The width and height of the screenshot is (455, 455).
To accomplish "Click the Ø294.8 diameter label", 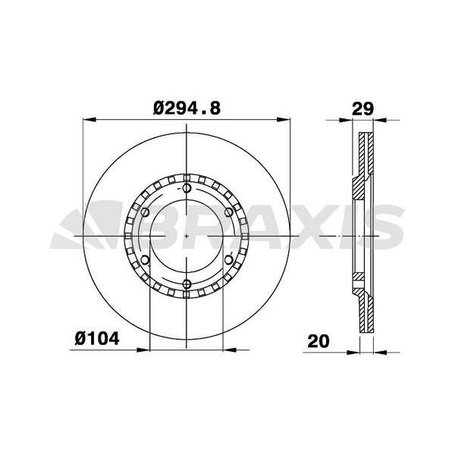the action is (187, 108).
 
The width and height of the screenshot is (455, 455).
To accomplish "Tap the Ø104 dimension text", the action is (97, 339).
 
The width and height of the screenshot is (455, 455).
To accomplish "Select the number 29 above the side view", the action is (362, 108).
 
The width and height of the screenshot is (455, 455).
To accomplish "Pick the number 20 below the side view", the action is (318, 341).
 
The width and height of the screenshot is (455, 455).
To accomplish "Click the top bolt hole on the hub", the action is (187, 188).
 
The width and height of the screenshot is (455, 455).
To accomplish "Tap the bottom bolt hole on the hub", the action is (187, 284).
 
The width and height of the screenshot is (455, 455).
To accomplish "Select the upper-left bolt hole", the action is (145, 212).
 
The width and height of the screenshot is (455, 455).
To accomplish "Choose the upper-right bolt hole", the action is (229, 212).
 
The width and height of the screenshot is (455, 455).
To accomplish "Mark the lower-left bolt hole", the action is (145, 260).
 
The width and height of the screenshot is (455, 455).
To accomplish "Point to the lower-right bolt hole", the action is (229, 260).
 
